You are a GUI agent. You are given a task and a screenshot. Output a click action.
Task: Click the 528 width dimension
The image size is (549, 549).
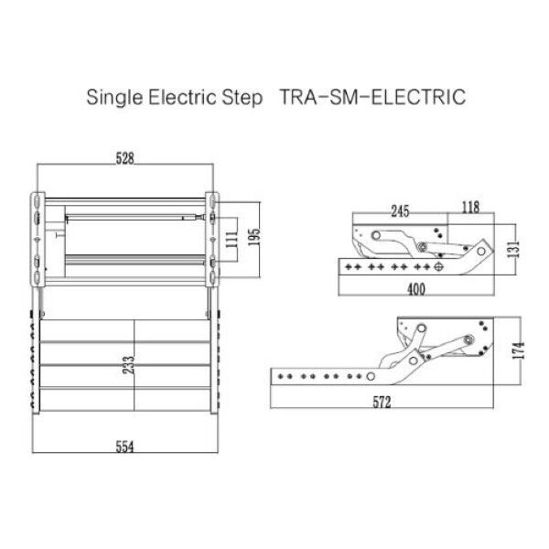[x=125, y=158]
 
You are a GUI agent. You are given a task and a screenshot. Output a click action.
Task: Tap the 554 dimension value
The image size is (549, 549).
[x=125, y=447]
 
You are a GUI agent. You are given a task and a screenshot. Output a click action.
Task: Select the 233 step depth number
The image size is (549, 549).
[x=129, y=364]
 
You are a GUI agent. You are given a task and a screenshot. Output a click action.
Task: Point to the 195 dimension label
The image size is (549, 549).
[x=254, y=236]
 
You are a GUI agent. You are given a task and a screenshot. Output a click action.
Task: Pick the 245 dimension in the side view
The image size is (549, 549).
[x=400, y=211]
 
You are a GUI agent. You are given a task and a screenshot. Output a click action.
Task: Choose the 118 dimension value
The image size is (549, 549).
[x=470, y=208]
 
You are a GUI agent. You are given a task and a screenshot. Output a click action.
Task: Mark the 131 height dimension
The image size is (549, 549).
[x=513, y=249]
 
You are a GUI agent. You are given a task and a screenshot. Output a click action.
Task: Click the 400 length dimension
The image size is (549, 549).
[x=416, y=289]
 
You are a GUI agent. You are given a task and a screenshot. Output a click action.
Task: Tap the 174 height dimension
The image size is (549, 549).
[x=519, y=350]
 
